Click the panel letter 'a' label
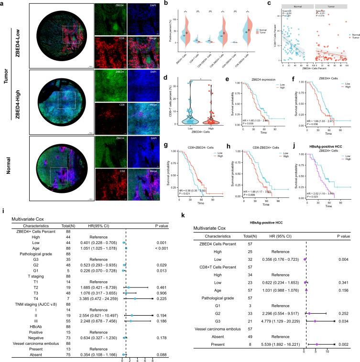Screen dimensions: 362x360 tap(4, 4)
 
